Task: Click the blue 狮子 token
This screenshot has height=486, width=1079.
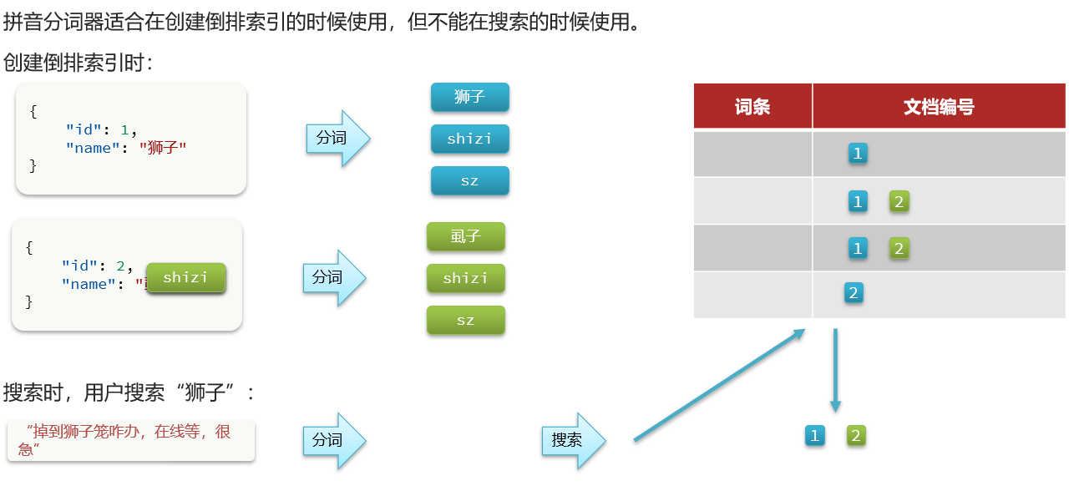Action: [x=469, y=97]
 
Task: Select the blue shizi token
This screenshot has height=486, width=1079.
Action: [x=469, y=139]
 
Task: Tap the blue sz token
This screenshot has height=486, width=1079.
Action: [x=469, y=180]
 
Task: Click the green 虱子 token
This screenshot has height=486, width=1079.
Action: [x=465, y=236]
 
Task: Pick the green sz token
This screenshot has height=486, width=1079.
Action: [x=465, y=320]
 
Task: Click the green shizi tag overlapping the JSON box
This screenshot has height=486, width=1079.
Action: [x=185, y=277]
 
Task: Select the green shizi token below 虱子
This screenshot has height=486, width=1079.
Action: [x=465, y=278]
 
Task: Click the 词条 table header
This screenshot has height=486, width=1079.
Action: [x=752, y=106]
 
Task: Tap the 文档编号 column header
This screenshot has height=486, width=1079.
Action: [x=939, y=106]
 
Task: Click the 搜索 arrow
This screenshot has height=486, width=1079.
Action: [x=572, y=440]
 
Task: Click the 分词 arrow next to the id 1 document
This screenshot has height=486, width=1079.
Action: [x=337, y=138]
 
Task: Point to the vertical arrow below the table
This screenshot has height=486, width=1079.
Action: [x=835, y=370]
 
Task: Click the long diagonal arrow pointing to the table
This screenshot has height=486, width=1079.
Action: [x=718, y=384]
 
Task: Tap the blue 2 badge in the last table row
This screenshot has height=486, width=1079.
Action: [x=853, y=293]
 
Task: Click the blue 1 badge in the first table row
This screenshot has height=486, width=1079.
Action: [x=857, y=153]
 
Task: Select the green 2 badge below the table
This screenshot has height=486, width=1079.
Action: [x=856, y=435]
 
